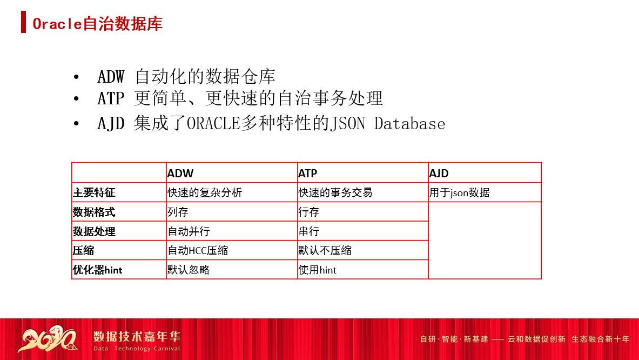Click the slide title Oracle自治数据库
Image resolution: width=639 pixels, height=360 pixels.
[x=97, y=24]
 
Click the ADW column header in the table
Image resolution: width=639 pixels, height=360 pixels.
[x=180, y=174]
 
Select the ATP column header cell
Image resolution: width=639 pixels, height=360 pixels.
[x=308, y=174]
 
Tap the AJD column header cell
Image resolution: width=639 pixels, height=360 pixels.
[x=439, y=174]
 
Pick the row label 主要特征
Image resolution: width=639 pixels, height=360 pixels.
[x=94, y=192]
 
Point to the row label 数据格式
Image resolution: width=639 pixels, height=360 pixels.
[x=94, y=212]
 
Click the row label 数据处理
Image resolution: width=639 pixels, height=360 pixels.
[x=94, y=231]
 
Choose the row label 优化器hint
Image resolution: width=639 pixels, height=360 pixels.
[x=98, y=270]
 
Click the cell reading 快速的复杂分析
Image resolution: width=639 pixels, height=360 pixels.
[x=205, y=192]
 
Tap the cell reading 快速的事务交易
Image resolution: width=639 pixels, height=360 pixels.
[x=335, y=192]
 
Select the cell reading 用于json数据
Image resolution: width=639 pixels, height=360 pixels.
[x=460, y=192]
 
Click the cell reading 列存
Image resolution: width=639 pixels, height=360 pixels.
[x=178, y=212]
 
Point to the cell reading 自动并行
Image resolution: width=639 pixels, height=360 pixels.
[x=189, y=231]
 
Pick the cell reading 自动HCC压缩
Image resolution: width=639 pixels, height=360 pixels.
[x=198, y=250]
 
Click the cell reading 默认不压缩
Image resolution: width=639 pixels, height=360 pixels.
[x=325, y=250]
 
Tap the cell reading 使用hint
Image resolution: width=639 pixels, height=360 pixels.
[x=318, y=270]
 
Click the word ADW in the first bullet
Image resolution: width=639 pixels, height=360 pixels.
[x=111, y=77]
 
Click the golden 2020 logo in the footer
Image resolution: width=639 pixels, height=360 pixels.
[x=49, y=339]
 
